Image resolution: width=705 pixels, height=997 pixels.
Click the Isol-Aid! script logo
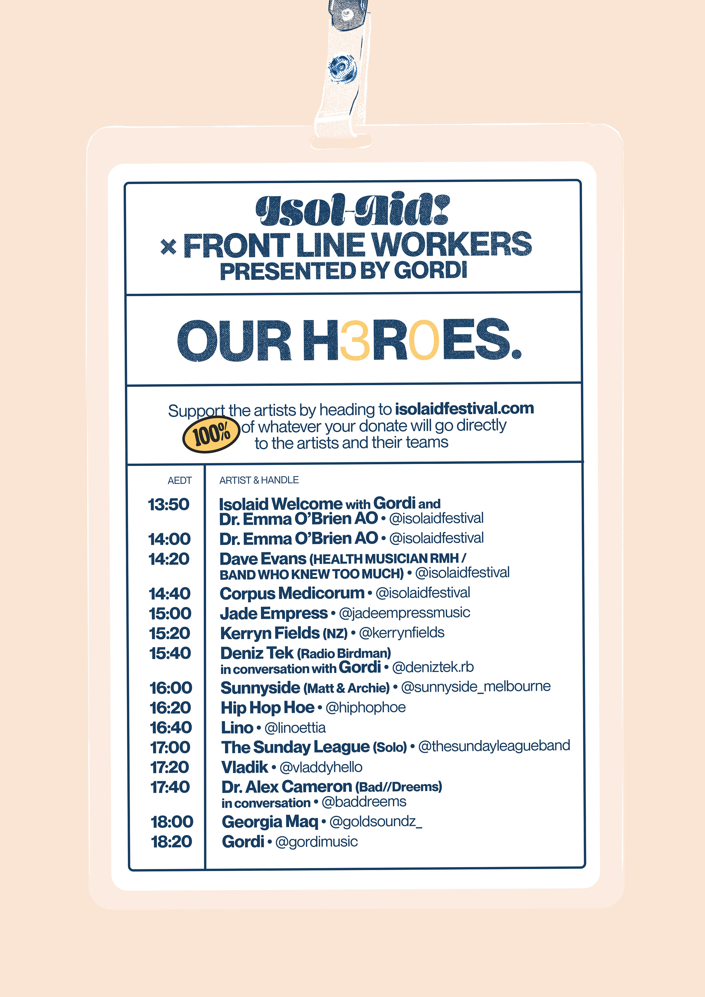(352, 211)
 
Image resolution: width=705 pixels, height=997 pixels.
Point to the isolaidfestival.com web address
(464, 409)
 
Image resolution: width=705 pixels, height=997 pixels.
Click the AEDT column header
(179, 480)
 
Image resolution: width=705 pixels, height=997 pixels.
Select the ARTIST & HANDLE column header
(259, 480)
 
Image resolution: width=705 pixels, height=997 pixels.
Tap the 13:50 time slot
(169, 504)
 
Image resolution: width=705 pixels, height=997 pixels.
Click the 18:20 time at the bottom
(171, 841)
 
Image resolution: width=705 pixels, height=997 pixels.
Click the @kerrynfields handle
(402, 633)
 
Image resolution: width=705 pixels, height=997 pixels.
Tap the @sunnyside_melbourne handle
(475, 687)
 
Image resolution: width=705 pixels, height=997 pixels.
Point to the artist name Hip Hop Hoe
(267, 707)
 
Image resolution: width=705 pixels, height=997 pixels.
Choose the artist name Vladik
(245, 767)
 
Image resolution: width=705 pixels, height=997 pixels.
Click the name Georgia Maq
(270, 822)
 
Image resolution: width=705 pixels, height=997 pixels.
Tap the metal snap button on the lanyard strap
(342, 67)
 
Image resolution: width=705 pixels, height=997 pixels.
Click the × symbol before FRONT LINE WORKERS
(168, 247)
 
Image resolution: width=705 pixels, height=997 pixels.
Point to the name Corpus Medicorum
(292, 593)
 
